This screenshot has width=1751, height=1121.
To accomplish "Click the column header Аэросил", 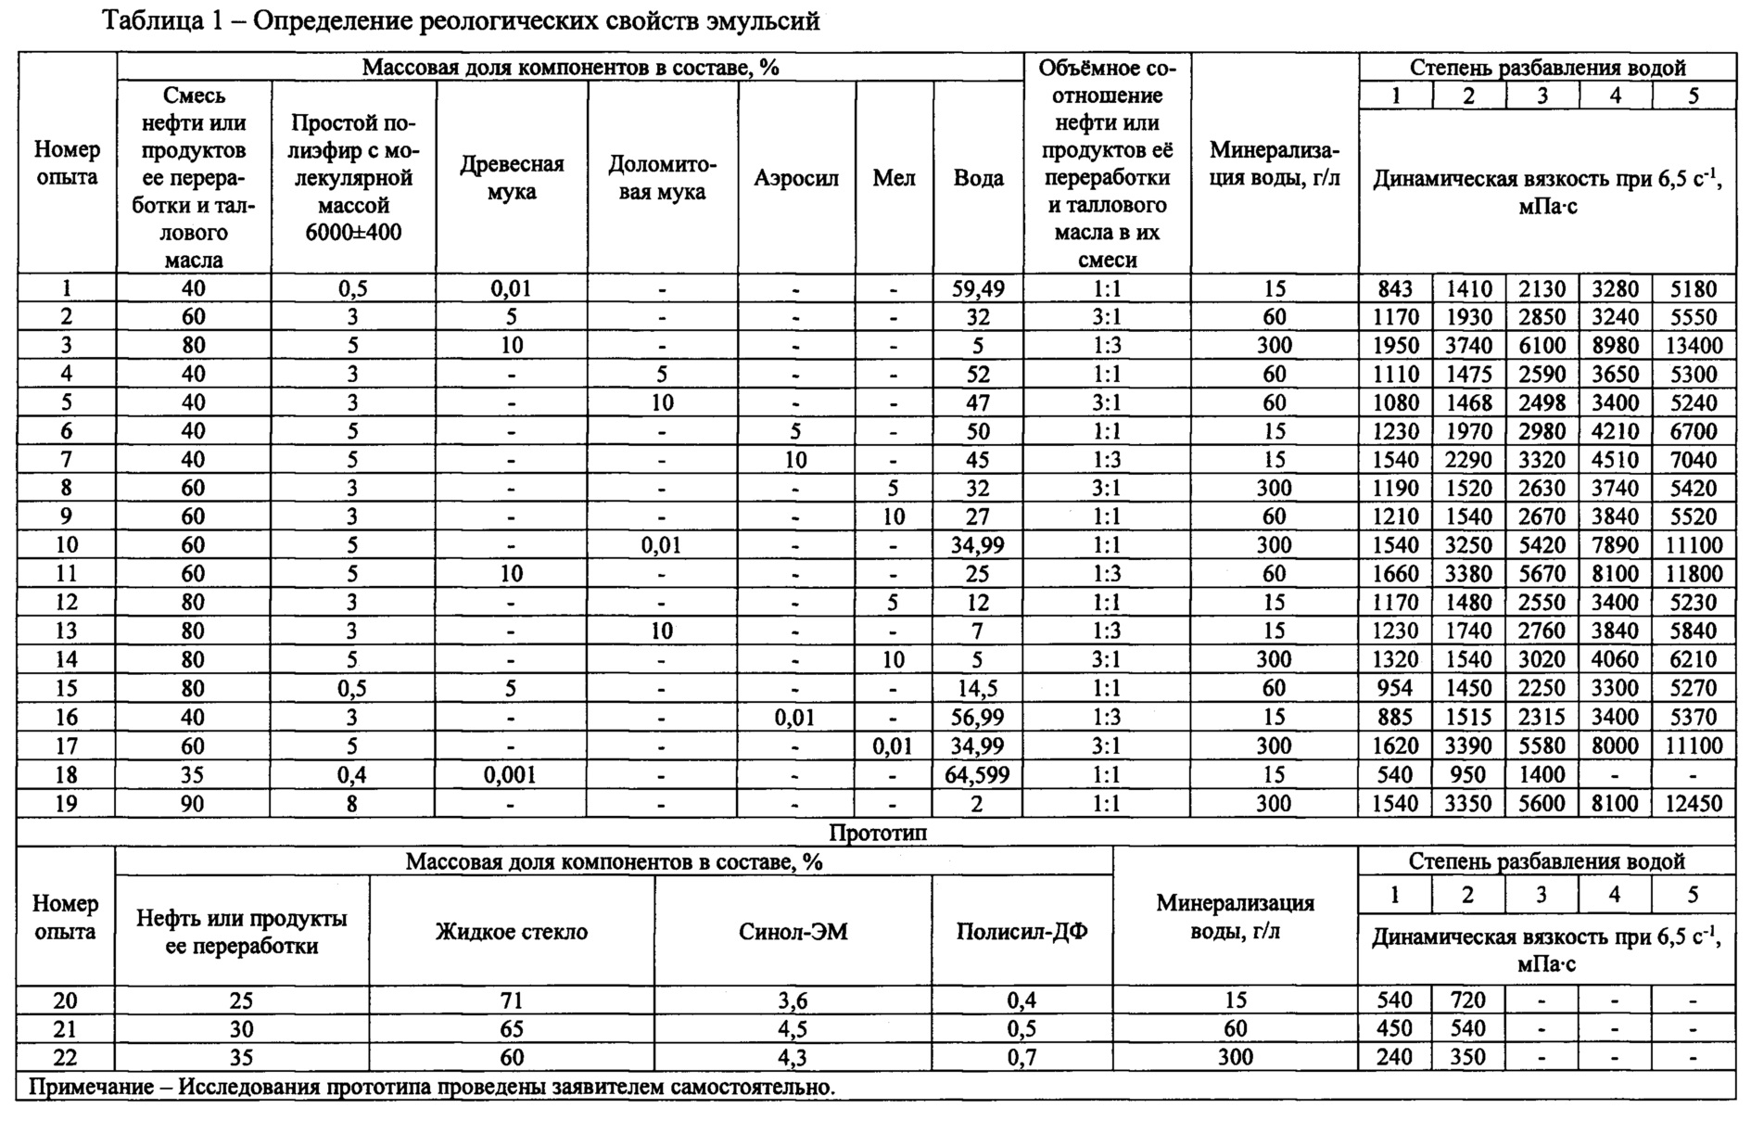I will pyautogui.click(x=795, y=178).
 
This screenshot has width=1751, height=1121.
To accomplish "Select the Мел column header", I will pyautogui.click(x=894, y=178).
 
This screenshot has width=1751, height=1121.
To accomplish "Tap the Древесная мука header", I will pyautogui.click(x=511, y=178).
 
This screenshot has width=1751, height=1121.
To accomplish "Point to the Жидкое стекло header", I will pyautogui.click(x=511, y=932).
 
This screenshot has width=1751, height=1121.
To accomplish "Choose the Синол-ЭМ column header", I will pyautogui.click(x=793, y=932).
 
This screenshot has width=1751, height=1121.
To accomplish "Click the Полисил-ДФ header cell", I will pyautogui.click(x=1021, y=932).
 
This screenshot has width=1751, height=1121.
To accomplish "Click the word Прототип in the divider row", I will pyautogui.click(x=877, y=833).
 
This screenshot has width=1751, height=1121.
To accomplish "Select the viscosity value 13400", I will pyautogui.click(x=1694, y=346).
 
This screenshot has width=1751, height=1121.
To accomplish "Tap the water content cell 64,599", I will pyautogui.click(x=978, y=775).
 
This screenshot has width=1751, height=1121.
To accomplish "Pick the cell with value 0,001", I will pyautogui.click(x=511, y=775).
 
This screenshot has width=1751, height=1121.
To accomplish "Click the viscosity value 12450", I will pyautogui.click(x=1694, y=804).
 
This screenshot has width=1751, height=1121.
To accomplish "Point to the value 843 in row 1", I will pyautogui.click(x=1395, y=289).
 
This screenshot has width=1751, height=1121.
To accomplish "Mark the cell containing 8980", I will pyautogui.click(x=1616, y=346).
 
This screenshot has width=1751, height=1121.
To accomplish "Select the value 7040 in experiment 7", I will pyautogui.click(x=1693, y=460).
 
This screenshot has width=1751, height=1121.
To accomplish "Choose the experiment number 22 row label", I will pyautogui.click(x=66, y=1058).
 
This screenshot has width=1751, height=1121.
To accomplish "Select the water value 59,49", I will pyautogui.click(x=978, y=289).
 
